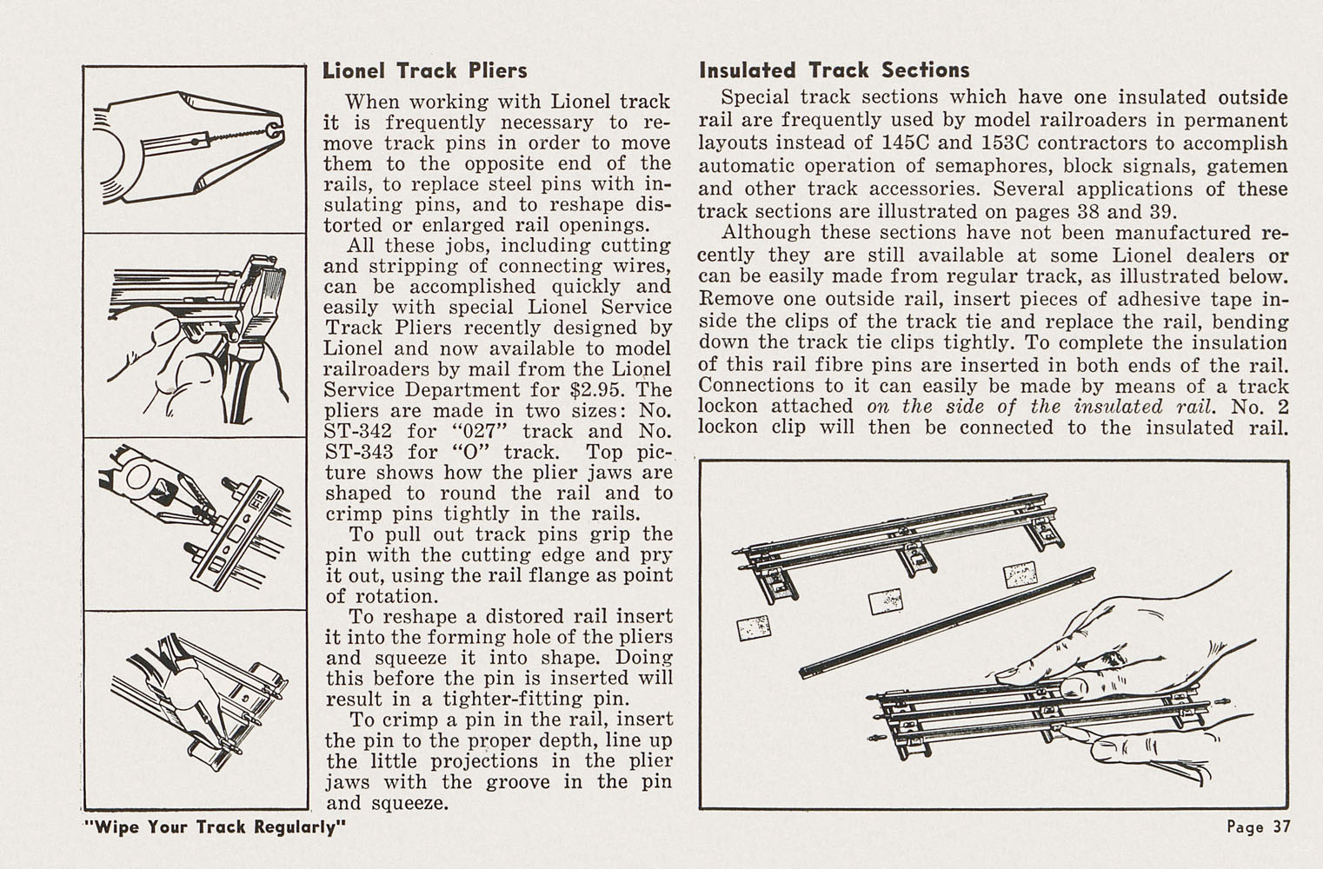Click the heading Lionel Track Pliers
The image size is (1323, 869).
(424, 70)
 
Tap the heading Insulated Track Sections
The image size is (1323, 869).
(834, 70)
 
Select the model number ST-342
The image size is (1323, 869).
(357, 432)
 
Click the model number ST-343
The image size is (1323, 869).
(357, 453)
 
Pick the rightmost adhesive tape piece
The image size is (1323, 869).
(1021, 574)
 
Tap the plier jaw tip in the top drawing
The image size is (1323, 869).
(276, 129)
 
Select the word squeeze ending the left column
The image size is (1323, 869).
(409, 804)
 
